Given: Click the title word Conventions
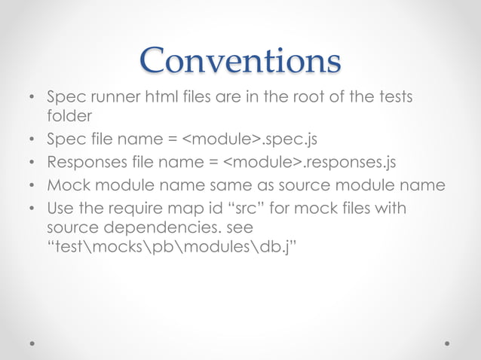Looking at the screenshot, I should coord(240,59).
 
